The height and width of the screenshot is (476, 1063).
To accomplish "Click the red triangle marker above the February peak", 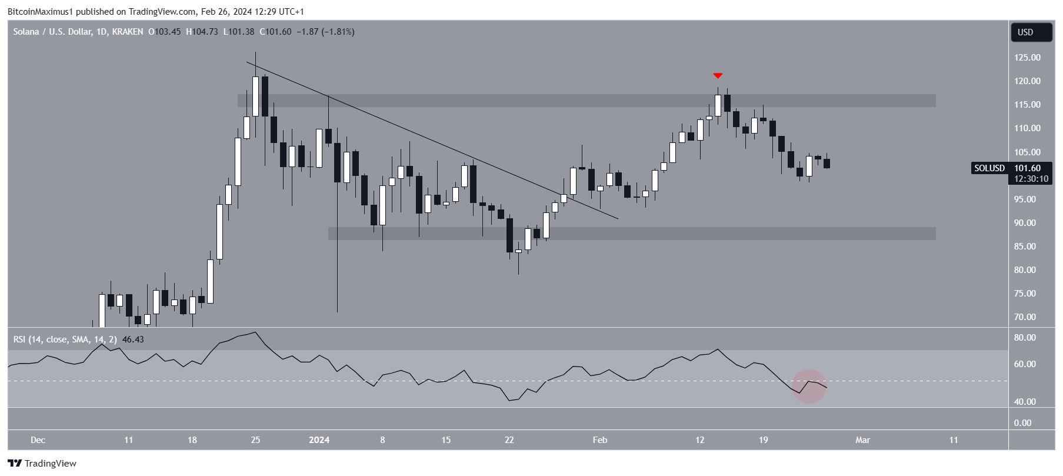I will (x=718, y=75).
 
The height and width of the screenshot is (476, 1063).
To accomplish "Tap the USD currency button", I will (x=1031, y=32).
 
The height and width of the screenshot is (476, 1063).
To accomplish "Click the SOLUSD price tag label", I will (x=989, y=168).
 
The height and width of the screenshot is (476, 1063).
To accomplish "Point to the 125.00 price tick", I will (x=1027, y=58).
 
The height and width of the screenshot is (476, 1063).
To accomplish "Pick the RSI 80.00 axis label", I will (x=1025, y=338).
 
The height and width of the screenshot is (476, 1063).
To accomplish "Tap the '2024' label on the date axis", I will (x=319, y=440).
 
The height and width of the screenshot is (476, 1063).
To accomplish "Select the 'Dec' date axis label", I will (x=38, y=440).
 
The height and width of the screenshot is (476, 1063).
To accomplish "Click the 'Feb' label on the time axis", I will (x=599, y=440).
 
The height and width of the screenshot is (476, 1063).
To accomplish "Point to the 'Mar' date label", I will (x=862, y=440).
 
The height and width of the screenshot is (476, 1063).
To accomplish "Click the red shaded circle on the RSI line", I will (x=809, y=386).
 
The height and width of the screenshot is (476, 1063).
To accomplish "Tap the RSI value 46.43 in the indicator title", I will (x=133, y=339).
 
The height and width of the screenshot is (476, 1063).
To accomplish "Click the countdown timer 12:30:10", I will (x=1031, y=179).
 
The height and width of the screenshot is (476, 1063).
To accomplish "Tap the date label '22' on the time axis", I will (x=509, y=440).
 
